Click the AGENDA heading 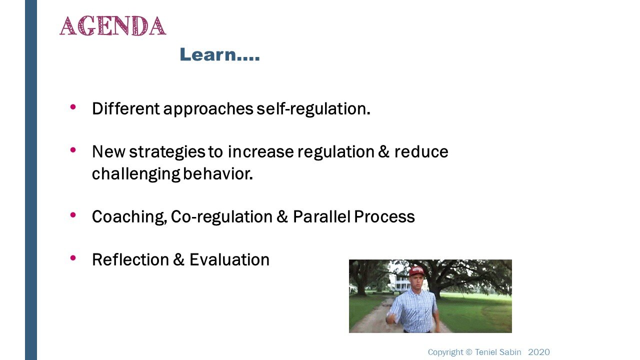[113, 26]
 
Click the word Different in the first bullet [125, 108]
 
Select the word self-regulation [313, 108]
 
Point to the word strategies [167, 152]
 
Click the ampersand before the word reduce [383, 151]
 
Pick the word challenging [136, 174]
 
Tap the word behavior [217, 173]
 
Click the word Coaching [129, 217]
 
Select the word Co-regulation [221, 217]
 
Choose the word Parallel [321, 216]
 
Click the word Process [384, 216]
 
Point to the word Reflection [130, 259]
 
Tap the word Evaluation [229, 259]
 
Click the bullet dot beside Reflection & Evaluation [73, 258]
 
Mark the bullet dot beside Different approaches [73, 107]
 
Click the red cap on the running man [416, 271]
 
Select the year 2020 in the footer [539, 352]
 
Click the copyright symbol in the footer [469, 352]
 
